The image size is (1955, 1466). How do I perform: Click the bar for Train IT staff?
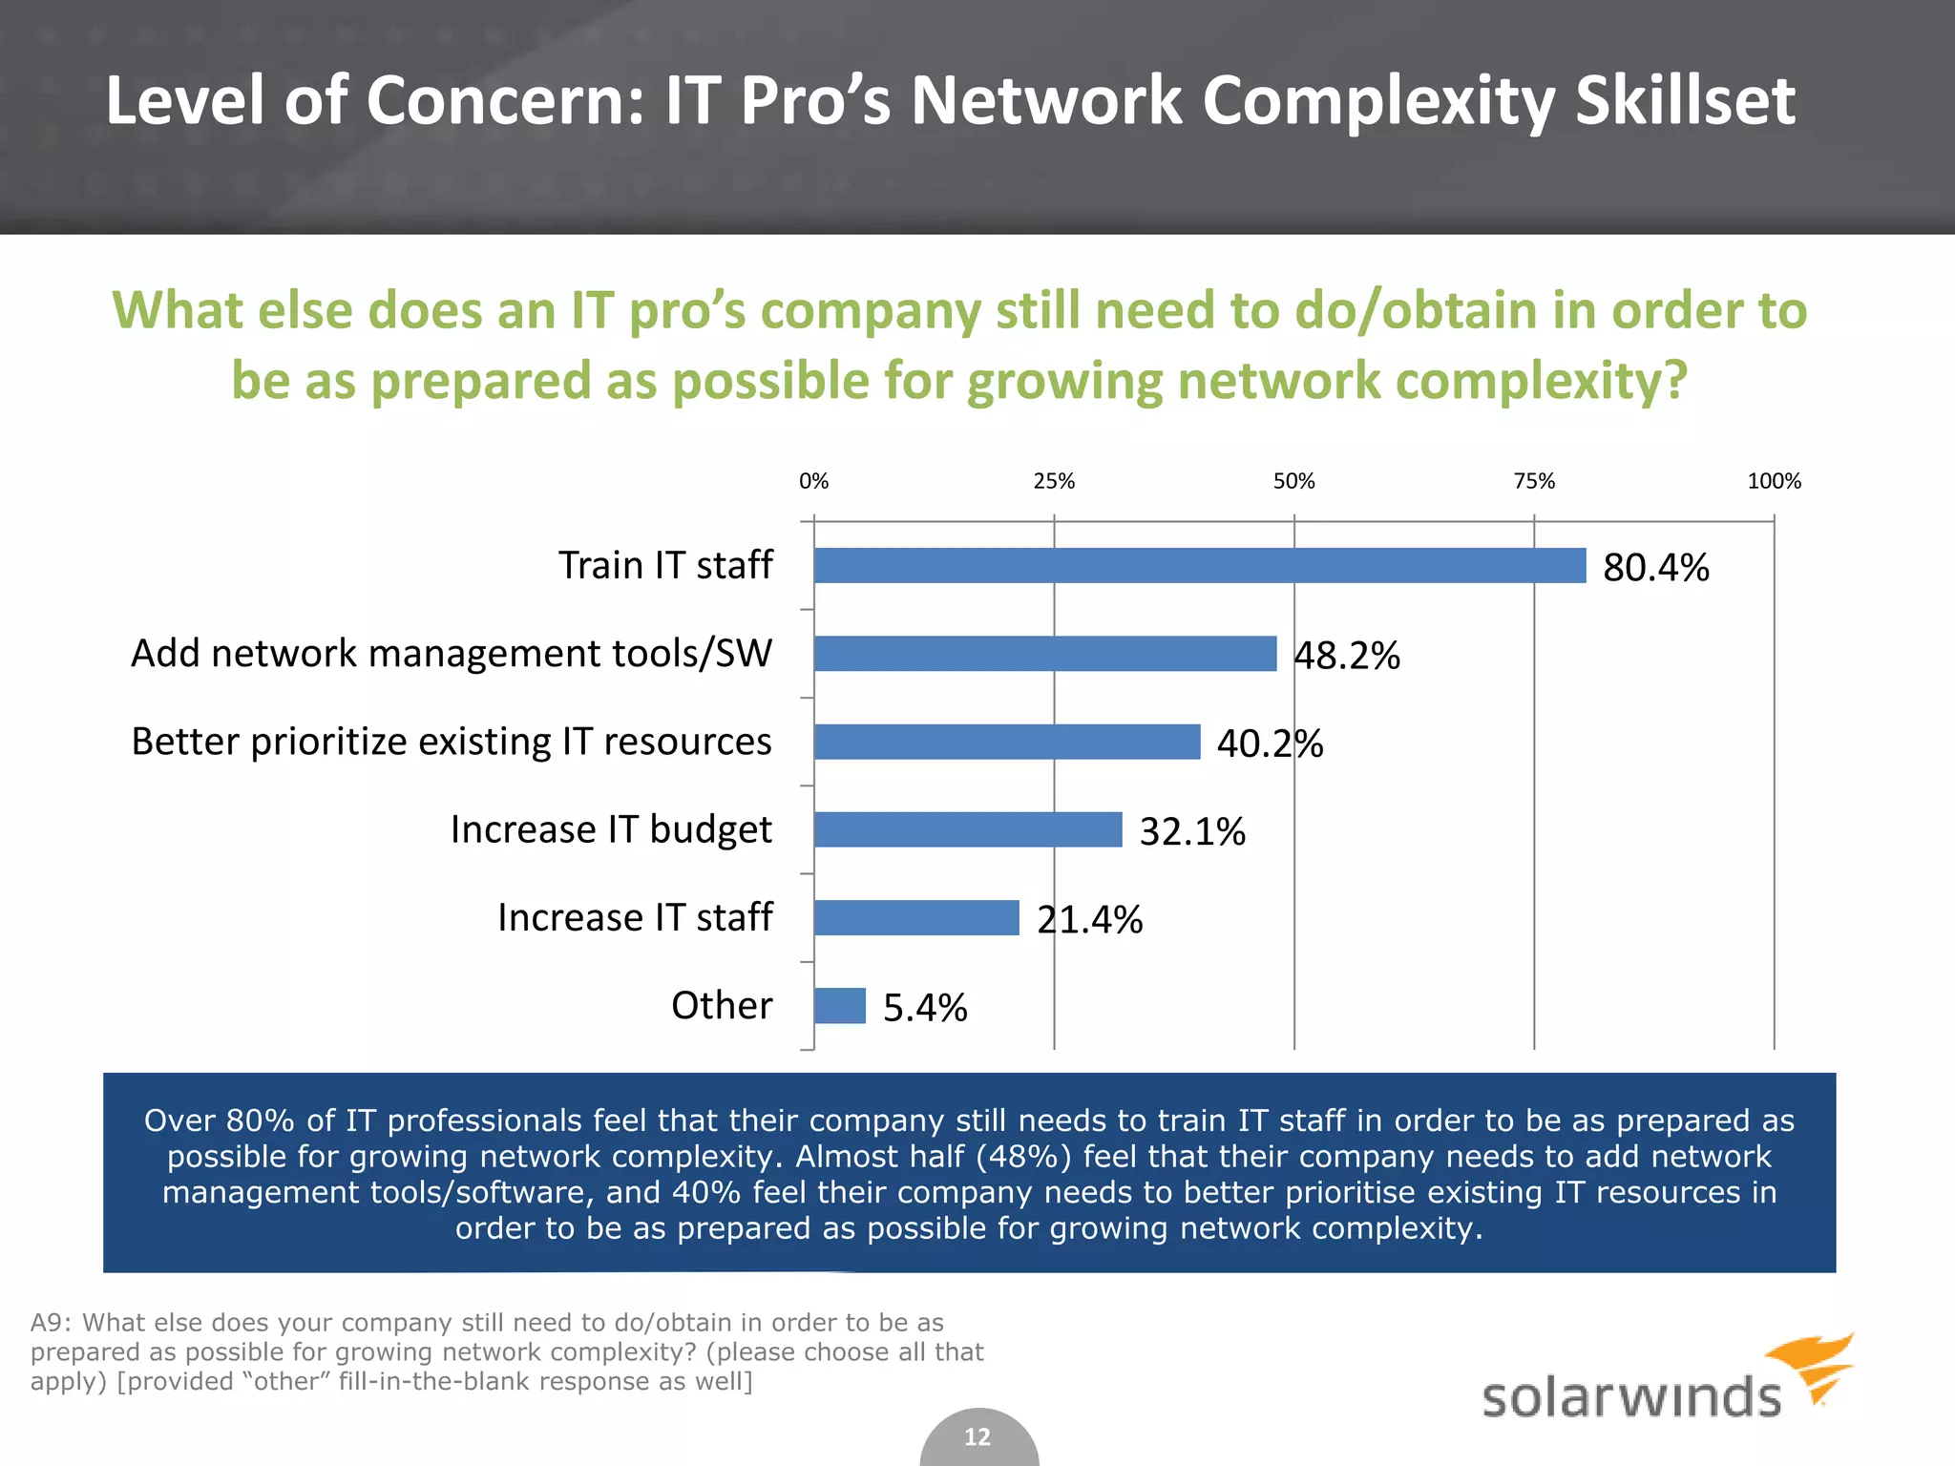1199,566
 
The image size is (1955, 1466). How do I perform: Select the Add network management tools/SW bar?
1045,654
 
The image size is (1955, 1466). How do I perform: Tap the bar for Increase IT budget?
968,829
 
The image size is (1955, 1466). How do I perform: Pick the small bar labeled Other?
839,1006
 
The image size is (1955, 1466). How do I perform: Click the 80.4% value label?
1655,568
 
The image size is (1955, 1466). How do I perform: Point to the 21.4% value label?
1089,920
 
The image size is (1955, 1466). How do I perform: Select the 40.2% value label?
1270,743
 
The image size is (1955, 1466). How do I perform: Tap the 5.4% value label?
924,1008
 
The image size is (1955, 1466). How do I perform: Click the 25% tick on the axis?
1054,481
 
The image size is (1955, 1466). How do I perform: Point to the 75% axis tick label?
1534,481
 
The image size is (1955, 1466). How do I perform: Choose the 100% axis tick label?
1774,481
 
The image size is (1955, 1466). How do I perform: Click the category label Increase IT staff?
635,917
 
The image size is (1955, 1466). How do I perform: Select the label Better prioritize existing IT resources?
452,742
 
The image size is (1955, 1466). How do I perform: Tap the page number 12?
977,1437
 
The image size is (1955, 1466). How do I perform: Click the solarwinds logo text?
1630,1397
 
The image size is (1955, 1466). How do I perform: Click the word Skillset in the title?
1685,100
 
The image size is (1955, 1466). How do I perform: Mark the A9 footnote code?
50,1323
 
